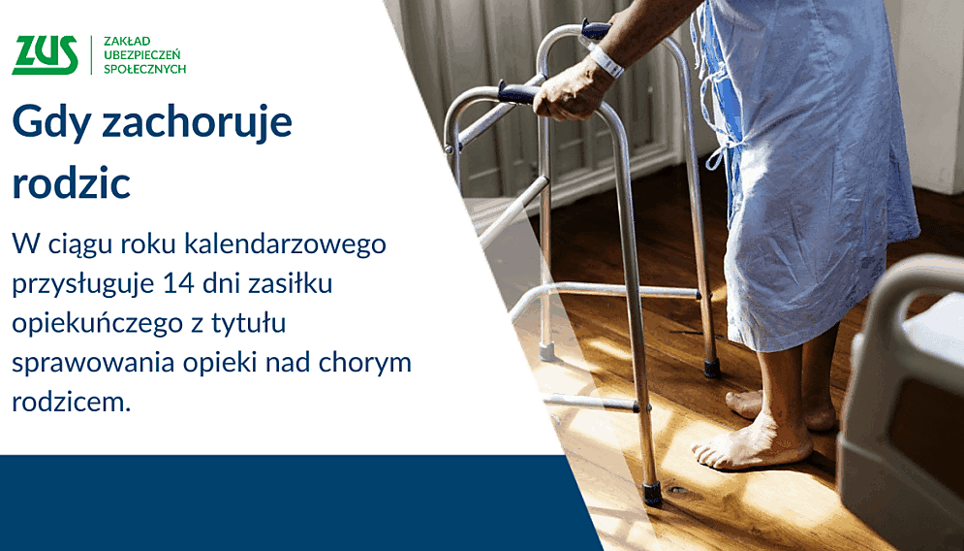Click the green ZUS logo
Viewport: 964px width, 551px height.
45,55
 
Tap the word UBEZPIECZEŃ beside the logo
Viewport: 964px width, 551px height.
143,55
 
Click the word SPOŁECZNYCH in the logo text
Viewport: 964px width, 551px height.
144,70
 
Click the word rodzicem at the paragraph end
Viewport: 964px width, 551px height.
70,401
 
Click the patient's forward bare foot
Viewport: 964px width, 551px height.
751,448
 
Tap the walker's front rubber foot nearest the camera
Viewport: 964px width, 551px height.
652,494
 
